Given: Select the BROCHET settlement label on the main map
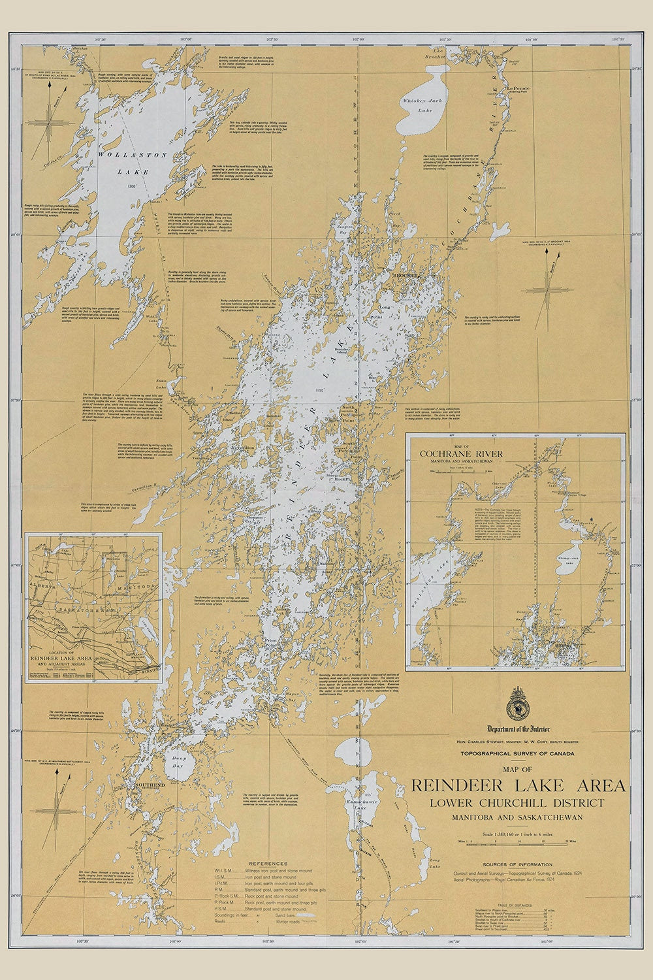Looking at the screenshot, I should click(400, 276).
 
